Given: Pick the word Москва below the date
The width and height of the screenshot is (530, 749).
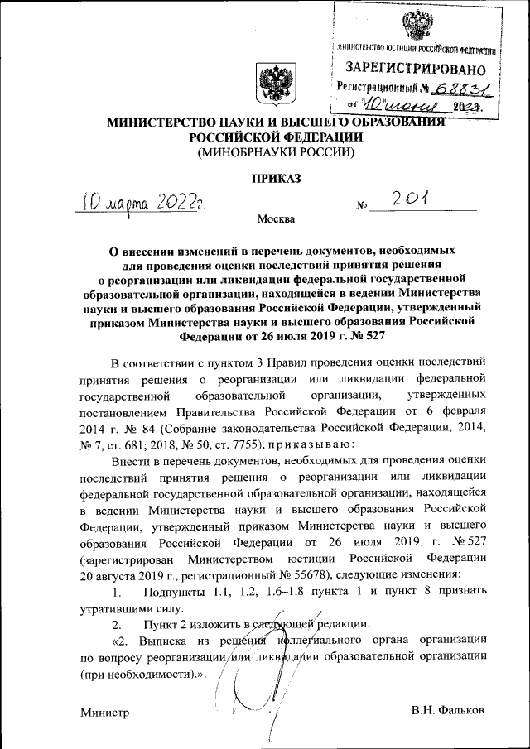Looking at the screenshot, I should (x=276, y=219).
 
